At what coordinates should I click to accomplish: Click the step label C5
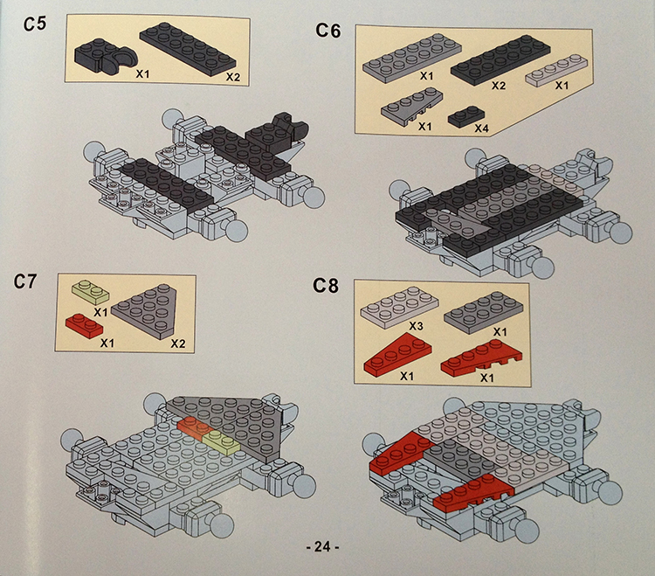pyautogui.click(x=35, y=24)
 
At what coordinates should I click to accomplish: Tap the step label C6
pyautogui.click(x=327, y=30)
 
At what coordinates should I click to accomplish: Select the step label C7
pyautogui.click(x=25, y=281)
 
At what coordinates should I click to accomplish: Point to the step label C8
pyautogui.click(x=326, y=286)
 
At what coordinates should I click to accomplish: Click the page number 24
pyautogui.click(x=322, y=546)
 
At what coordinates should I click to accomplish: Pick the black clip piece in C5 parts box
pyautogui.click(x=106, y=57)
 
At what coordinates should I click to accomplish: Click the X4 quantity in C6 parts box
pyautogui.click(x=481, y=128)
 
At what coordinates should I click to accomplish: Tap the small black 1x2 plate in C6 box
pyautogui.click(x=466, y=115)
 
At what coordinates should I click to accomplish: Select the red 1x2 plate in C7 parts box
pyautogui.click(x=84, y=325)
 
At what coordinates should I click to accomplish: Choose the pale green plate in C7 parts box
pyautogui.click(x=90, y=291)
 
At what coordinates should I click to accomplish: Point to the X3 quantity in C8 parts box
pyautogui.click(x=416, y=326)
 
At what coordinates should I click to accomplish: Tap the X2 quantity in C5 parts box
pyautogui.click(x=233, y=77)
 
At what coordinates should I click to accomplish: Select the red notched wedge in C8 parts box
pyautogui.click(x=481, y=357)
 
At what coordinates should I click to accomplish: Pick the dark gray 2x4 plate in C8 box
pyautogui.click(x=483, y=313)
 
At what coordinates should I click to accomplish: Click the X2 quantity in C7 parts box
pyautogui.click(x=178, y=344)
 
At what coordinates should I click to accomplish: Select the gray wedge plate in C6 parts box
pyautogui.click(x=411, y=107)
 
